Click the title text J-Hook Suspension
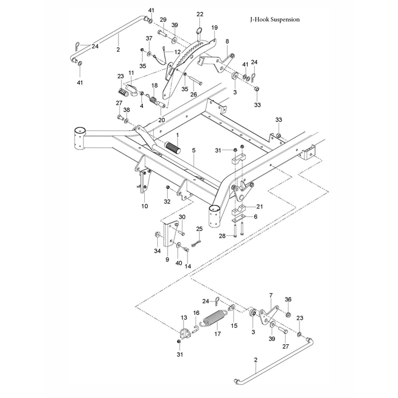tap(275, 19)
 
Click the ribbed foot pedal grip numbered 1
tap(173, 148)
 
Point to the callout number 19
tap(214, 27)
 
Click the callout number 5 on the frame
tap(194, 150)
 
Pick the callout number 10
tap(144, 206)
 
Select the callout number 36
tap(288, 299)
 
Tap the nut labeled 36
tap(288, 315)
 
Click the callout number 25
tap(199, 229)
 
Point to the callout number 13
tap(184, 317)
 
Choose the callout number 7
tap(271, 296)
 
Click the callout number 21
tap(259, 206)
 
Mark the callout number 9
tap(167, 260)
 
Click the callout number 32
tap(167, 201)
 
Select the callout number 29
tap(163, 19)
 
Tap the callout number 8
tap(227, 41)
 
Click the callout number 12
tap(178, 52)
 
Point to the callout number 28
tap(222, 236)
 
